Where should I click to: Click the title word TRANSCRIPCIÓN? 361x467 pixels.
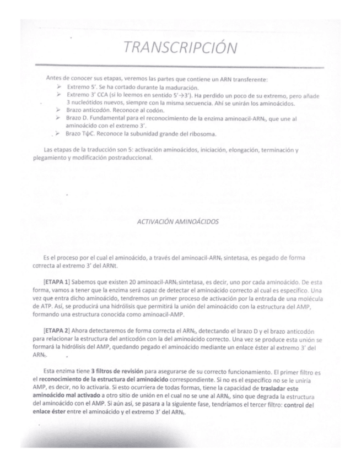[x=180, y=49]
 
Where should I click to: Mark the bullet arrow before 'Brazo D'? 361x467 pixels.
[x=59, y=118]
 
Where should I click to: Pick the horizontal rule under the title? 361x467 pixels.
[x=180, y=65]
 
